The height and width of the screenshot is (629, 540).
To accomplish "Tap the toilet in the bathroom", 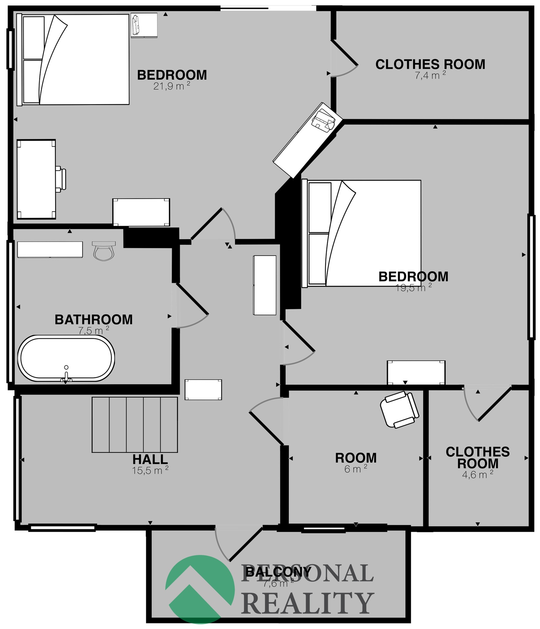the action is click(104, 251).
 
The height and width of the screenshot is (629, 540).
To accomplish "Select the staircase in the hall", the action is click(135, 425).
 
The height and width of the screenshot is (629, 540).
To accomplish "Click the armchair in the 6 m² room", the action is click(400, 410).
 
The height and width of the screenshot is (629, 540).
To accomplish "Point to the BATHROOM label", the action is click(94, 319).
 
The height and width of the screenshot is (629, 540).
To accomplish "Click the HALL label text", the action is click(150, 459).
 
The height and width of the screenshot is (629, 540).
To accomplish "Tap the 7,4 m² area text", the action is click(430, 75).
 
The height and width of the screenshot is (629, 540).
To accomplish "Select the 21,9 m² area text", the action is click(172, 86).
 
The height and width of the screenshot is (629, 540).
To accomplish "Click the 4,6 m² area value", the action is click(478, 475).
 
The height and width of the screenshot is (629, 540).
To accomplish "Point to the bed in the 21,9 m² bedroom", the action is click(73, 59).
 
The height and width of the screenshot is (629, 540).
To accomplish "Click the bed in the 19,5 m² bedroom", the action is click(361, 233).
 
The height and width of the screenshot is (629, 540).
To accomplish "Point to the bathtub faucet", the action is click(66, 375).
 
